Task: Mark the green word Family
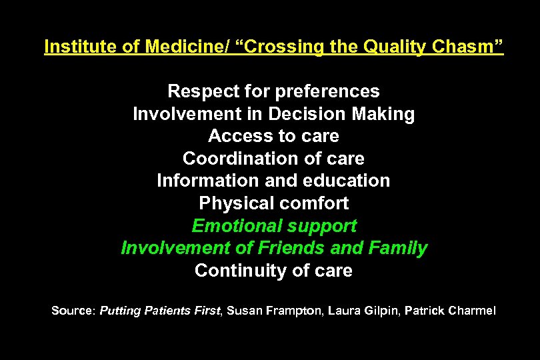[x=398, y=249]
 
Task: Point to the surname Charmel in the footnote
[x=472, y=311]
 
